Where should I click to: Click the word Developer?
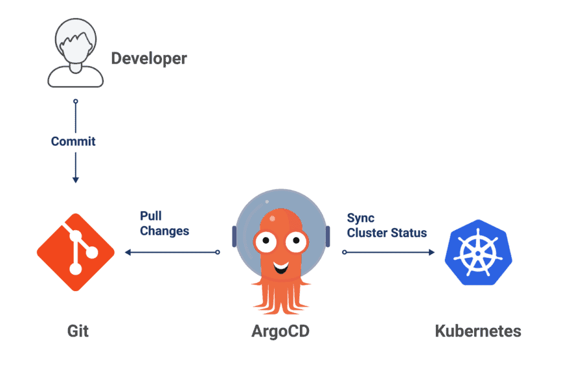149,58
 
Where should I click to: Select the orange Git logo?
75,251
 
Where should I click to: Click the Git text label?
78,331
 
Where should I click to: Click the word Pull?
151,216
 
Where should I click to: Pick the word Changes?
165,231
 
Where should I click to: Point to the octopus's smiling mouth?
280,266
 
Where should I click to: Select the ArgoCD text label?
280,331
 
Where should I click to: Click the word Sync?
361,218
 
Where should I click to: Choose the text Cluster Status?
387,233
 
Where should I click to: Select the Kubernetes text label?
477,331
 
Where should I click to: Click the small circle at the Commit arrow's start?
75,102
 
